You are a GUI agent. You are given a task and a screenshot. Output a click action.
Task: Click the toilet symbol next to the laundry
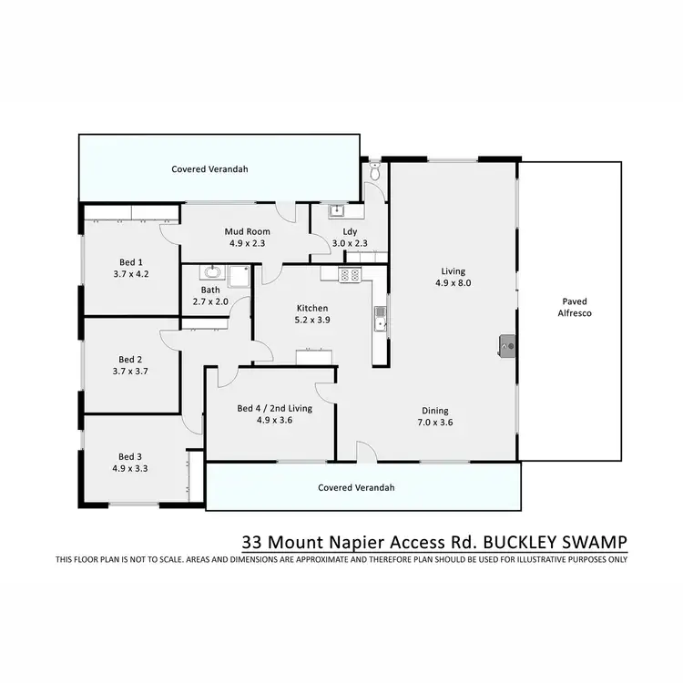click(x=375, y=170)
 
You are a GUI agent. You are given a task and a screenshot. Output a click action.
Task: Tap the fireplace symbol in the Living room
click(x=506, y=344)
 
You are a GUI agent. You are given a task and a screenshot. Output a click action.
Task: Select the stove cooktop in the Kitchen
click(x=351, y=274)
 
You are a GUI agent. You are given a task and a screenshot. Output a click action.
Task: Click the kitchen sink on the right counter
click(x=380, y=320)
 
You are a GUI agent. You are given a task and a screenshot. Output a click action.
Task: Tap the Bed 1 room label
click(x=130, y=261)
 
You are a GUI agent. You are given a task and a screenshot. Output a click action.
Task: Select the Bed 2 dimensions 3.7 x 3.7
click(x=130, y=371)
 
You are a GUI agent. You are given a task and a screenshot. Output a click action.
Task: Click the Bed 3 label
click(x=130, y=456)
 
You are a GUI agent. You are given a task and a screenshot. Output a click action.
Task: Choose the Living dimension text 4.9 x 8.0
click(x=453, y=283)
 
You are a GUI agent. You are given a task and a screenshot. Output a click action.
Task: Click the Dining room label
click(x=434, y=410)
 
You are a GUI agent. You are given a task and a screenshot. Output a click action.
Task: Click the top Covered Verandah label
click(x=210, y=169)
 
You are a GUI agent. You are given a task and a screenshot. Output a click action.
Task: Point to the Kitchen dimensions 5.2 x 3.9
click(x=311, y=321)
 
